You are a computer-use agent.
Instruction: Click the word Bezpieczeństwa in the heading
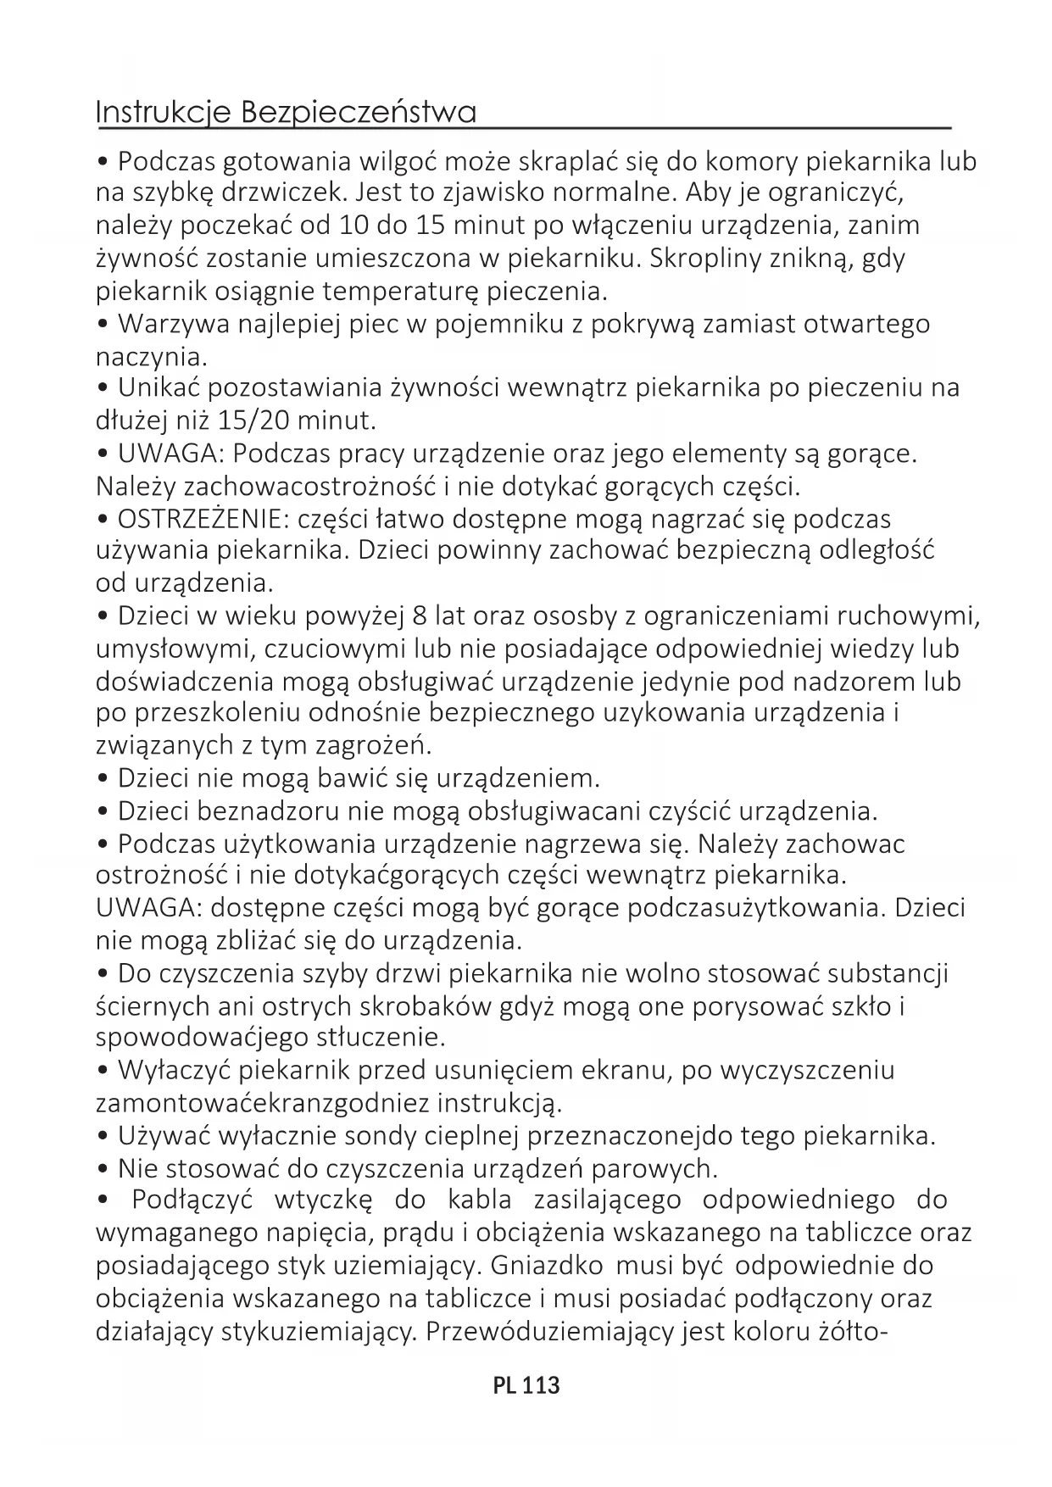pyautogui.click(x=359, y=112)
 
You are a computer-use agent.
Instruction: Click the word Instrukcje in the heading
pyautogui.click(x=163, y=113)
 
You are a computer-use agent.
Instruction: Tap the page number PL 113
pyautogui.click(x=526, y=1385)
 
